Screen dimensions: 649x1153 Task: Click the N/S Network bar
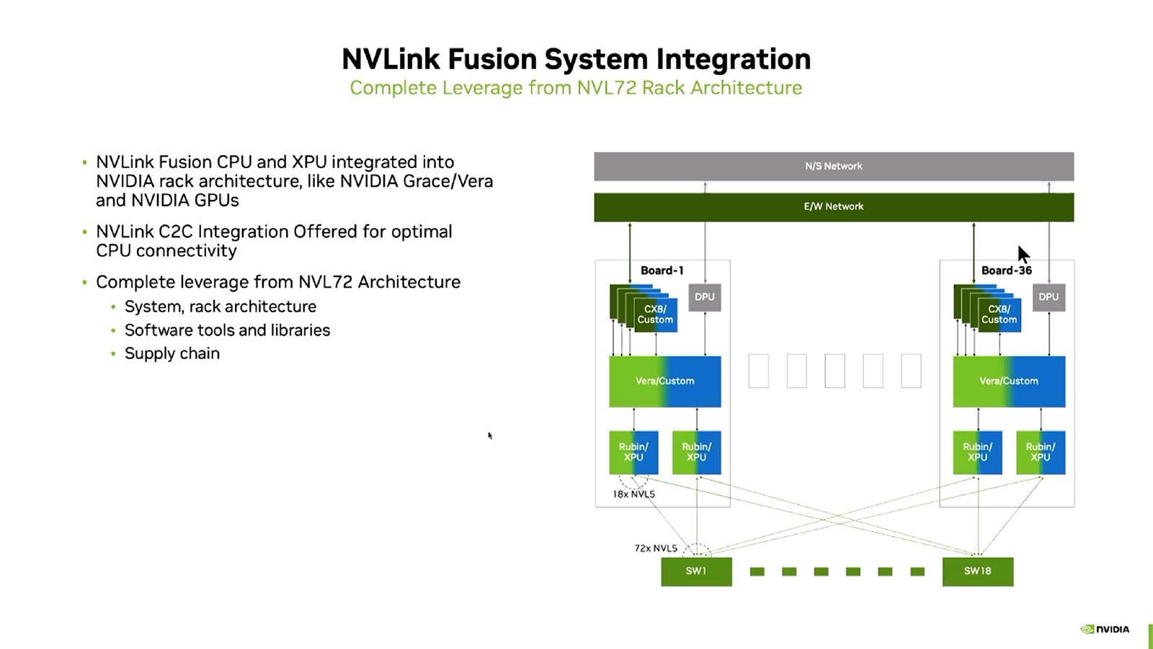834,166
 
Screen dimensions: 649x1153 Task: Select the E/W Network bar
834,206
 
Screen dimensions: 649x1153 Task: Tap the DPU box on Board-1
705,297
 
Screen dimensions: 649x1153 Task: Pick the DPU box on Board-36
1049,297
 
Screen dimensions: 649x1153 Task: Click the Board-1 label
662,270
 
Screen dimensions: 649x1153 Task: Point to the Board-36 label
1006,270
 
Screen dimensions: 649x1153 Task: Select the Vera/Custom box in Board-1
664,381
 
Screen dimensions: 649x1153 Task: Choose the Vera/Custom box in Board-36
1009,381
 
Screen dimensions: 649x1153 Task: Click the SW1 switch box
696,571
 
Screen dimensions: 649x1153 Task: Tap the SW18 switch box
978,571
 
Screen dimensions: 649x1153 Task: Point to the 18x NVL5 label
633,495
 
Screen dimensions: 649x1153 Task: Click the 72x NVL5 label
656,548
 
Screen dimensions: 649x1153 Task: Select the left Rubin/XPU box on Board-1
633,452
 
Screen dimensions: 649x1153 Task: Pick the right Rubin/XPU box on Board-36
1041,452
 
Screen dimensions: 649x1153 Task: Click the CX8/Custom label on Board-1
655,314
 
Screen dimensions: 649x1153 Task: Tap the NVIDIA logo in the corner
1105,629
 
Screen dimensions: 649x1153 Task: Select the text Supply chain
172,353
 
